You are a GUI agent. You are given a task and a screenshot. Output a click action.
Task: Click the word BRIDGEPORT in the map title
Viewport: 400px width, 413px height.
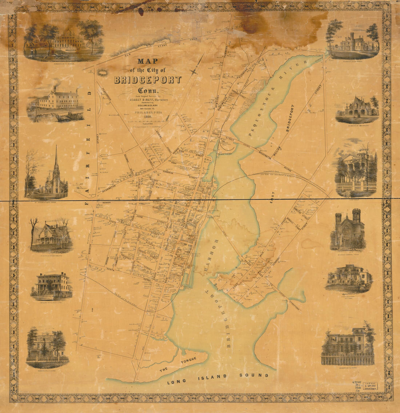tap(148, 80)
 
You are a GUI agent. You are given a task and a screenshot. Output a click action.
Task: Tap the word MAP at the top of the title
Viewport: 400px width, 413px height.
tap(148, 61)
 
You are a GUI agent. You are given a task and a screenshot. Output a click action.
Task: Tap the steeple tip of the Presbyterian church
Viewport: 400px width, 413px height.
tap(56, 148)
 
